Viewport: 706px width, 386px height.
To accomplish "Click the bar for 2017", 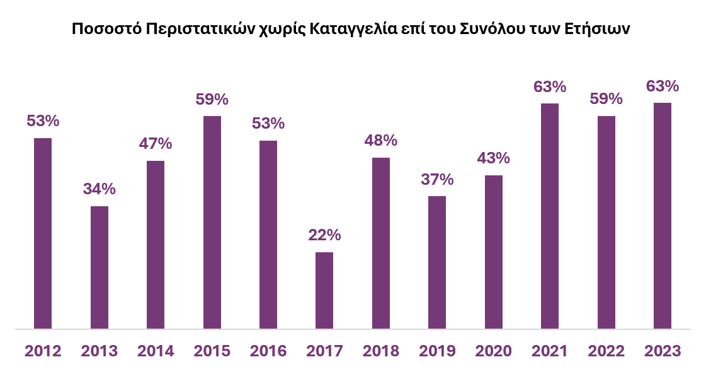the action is point(324,290).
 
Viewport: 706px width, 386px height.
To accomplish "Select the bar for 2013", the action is point(100,267).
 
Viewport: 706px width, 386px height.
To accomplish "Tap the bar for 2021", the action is point(550,216).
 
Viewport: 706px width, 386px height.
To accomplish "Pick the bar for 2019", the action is point(437,262).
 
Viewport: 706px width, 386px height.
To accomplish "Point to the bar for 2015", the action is point(212,222).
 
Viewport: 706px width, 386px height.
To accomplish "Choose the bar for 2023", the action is point(663,216).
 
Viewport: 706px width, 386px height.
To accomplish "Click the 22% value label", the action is point(324,235).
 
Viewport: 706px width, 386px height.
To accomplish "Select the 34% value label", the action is point(100,189).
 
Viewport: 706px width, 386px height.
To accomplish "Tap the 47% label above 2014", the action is point(156,143).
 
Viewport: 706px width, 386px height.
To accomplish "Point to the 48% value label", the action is point(381,141).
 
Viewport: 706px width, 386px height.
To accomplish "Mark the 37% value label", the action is point(437,180).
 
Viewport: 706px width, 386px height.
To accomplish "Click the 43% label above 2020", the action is point(494,158).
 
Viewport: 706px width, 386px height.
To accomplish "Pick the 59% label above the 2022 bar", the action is point(606,99).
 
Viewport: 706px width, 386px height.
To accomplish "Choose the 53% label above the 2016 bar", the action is point(268,124).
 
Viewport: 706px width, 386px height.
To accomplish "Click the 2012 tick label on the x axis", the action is point(43,351).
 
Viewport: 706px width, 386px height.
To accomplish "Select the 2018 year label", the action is point(381,351).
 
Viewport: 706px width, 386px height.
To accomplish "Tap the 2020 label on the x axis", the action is point(494,351).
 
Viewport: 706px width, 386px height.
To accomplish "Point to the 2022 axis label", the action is point(606,351).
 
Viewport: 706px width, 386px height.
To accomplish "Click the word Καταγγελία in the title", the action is point(353,29).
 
